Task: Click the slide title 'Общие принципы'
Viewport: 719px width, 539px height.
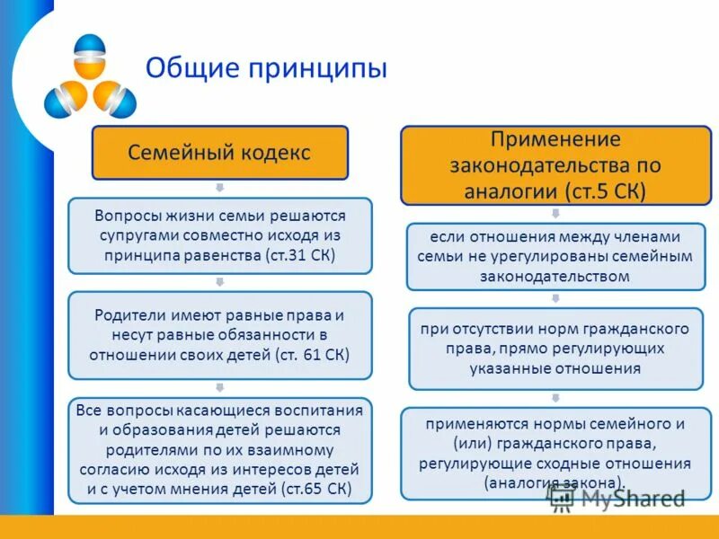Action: click(266, 68)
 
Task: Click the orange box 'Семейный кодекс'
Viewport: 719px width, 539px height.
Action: click(219, 152)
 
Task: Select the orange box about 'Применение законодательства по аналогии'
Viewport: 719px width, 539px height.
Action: click(555, 165)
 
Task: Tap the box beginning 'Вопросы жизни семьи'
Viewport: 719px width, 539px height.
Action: click(219, 235)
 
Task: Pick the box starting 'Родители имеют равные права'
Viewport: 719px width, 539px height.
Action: click(219, 334)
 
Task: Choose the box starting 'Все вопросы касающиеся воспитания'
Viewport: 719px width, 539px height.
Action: click(219, 449)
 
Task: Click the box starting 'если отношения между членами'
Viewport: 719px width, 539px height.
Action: click(555, 257)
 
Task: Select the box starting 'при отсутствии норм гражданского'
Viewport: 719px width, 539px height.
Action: click(555, 349)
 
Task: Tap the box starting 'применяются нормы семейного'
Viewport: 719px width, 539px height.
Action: click(555, 453)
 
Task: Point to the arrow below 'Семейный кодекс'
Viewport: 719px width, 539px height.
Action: click(219, 188)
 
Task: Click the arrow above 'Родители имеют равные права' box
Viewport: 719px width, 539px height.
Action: click(219, 282)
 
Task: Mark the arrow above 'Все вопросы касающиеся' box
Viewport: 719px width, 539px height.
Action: click(219, 387)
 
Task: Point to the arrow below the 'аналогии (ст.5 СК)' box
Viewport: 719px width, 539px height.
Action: click(555, 214)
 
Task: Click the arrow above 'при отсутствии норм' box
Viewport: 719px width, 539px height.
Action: click(555, 299)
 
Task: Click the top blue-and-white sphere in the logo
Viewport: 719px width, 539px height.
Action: click(90, 56)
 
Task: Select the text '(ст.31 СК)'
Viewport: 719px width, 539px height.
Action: click(300, 256)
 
